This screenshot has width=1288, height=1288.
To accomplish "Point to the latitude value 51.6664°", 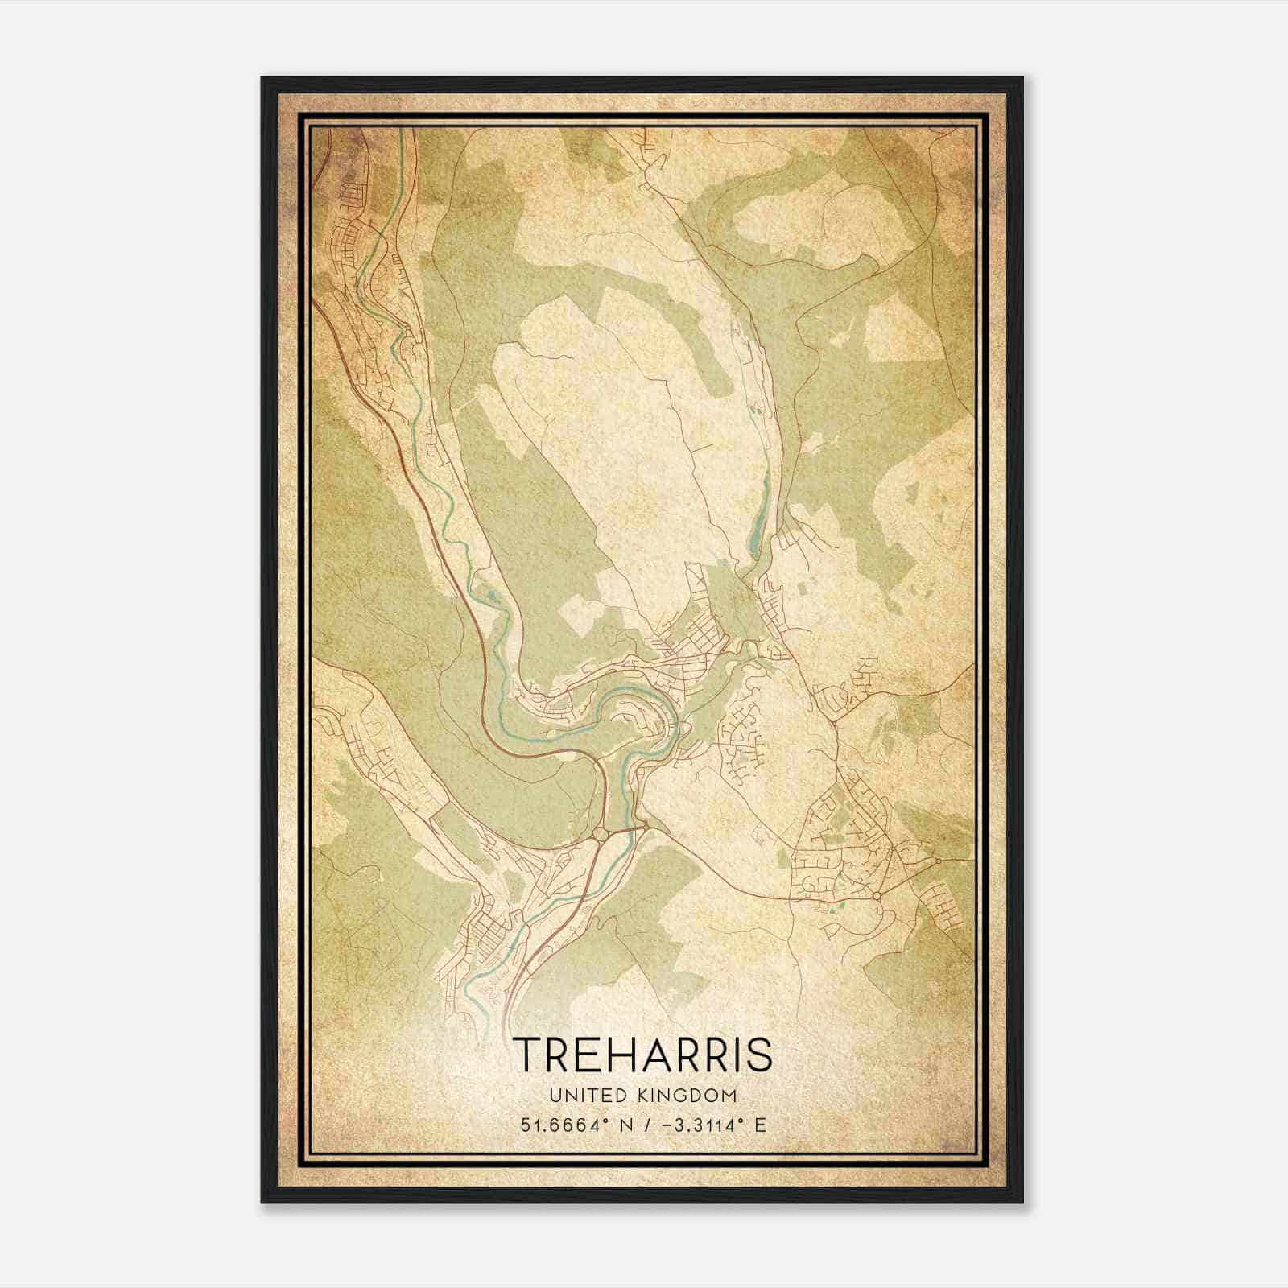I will point(557,1125).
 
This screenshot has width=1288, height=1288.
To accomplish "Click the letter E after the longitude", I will point(761,1125).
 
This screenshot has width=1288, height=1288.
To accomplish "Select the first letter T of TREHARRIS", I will point(527,1054).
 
